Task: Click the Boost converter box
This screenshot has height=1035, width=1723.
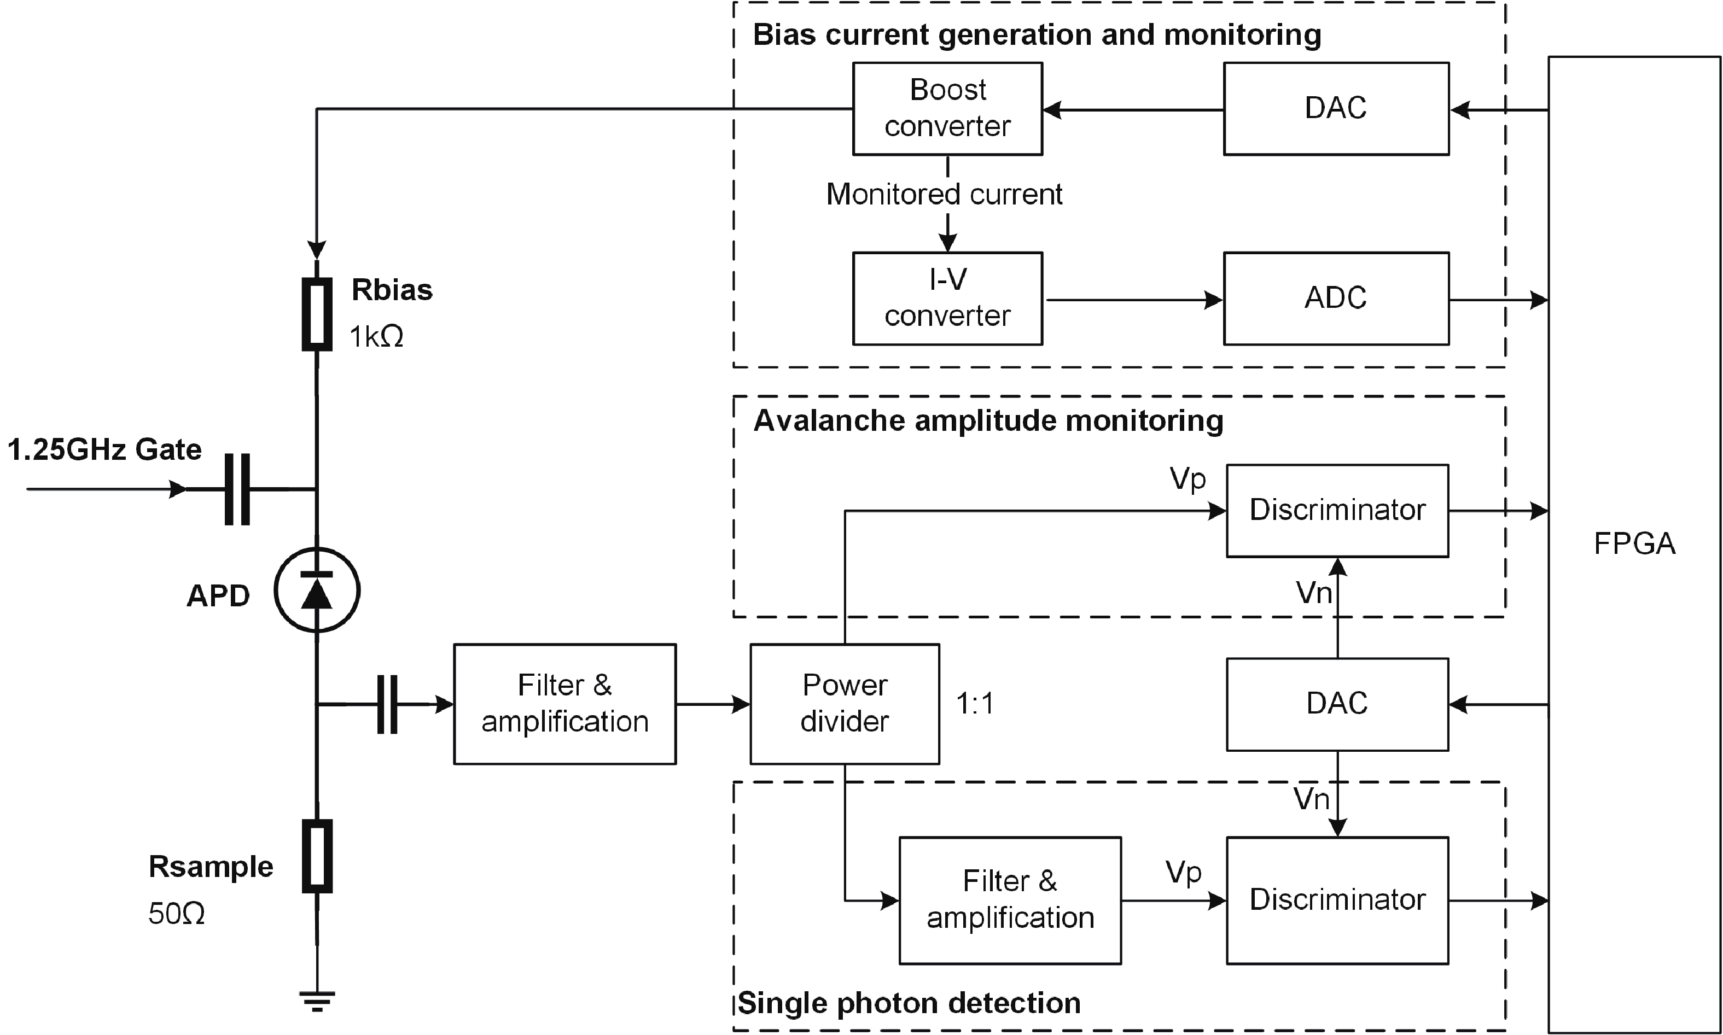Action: coord(947,109)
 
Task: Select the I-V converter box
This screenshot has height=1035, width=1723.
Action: coord(947,299)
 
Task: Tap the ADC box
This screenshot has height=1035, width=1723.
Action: coord(1336,299)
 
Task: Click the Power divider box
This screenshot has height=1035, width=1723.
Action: coord(845,704)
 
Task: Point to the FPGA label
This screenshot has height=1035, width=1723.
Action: coord(1634,544)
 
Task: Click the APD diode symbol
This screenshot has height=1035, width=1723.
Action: coord(317,590)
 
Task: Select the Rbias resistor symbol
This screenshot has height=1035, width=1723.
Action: coord(317,314)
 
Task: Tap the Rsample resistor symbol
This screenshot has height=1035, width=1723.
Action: coord(317,856)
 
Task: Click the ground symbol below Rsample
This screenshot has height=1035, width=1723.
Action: coord(317,1001)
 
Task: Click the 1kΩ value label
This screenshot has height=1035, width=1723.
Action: coord(376,337)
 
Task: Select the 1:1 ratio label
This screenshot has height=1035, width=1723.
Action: coord(975,704)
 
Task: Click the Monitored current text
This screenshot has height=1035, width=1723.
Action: coord(944,195)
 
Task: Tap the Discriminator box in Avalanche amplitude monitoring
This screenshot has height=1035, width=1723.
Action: coord(1337,511)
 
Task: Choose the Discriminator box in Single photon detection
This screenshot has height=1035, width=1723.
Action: coord(1337,900)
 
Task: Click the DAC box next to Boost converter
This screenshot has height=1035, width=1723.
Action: coord(1336,109)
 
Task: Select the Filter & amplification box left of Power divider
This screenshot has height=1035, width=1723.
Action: coord(565,704)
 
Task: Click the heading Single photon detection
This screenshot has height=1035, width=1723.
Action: coord(909,1003)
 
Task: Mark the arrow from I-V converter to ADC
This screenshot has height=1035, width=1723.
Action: coord(1133,301)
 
